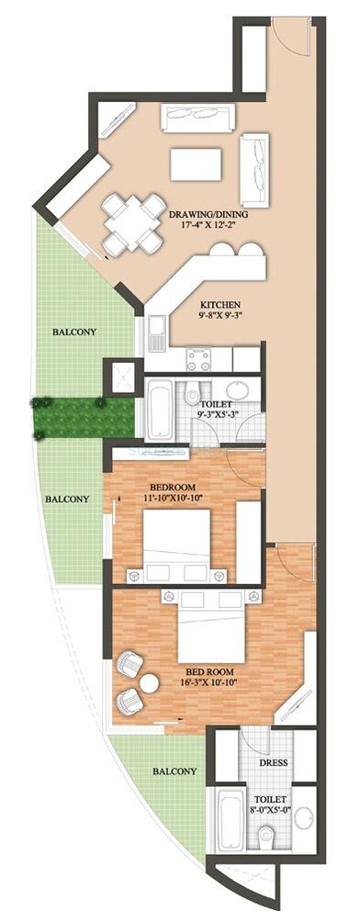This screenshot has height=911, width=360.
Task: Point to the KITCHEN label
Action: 220,303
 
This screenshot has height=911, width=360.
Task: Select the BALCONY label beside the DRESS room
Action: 174,771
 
